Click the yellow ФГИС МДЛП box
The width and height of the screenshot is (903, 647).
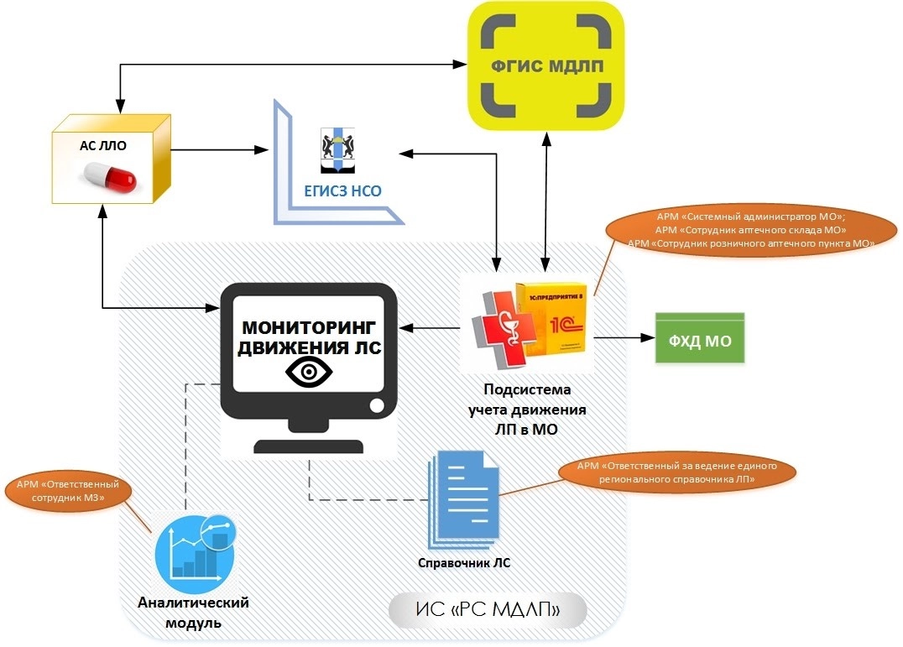[x=546, y=65]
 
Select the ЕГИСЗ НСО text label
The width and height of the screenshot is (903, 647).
[x=342, y=191]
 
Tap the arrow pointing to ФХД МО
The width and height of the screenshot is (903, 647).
[x=624, y=338]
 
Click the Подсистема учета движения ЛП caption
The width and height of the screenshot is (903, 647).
[x=527, y=409]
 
